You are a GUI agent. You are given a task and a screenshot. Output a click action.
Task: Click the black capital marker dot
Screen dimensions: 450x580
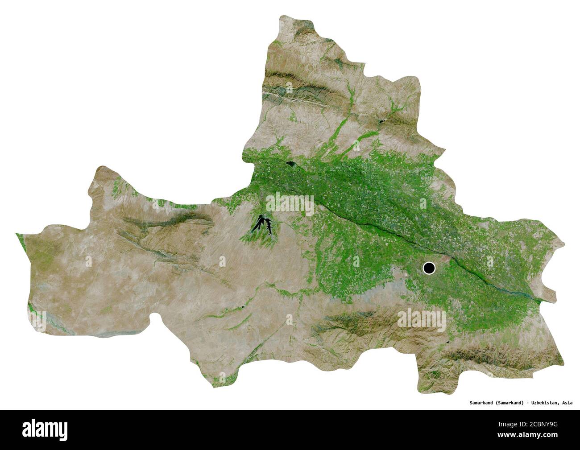429,268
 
